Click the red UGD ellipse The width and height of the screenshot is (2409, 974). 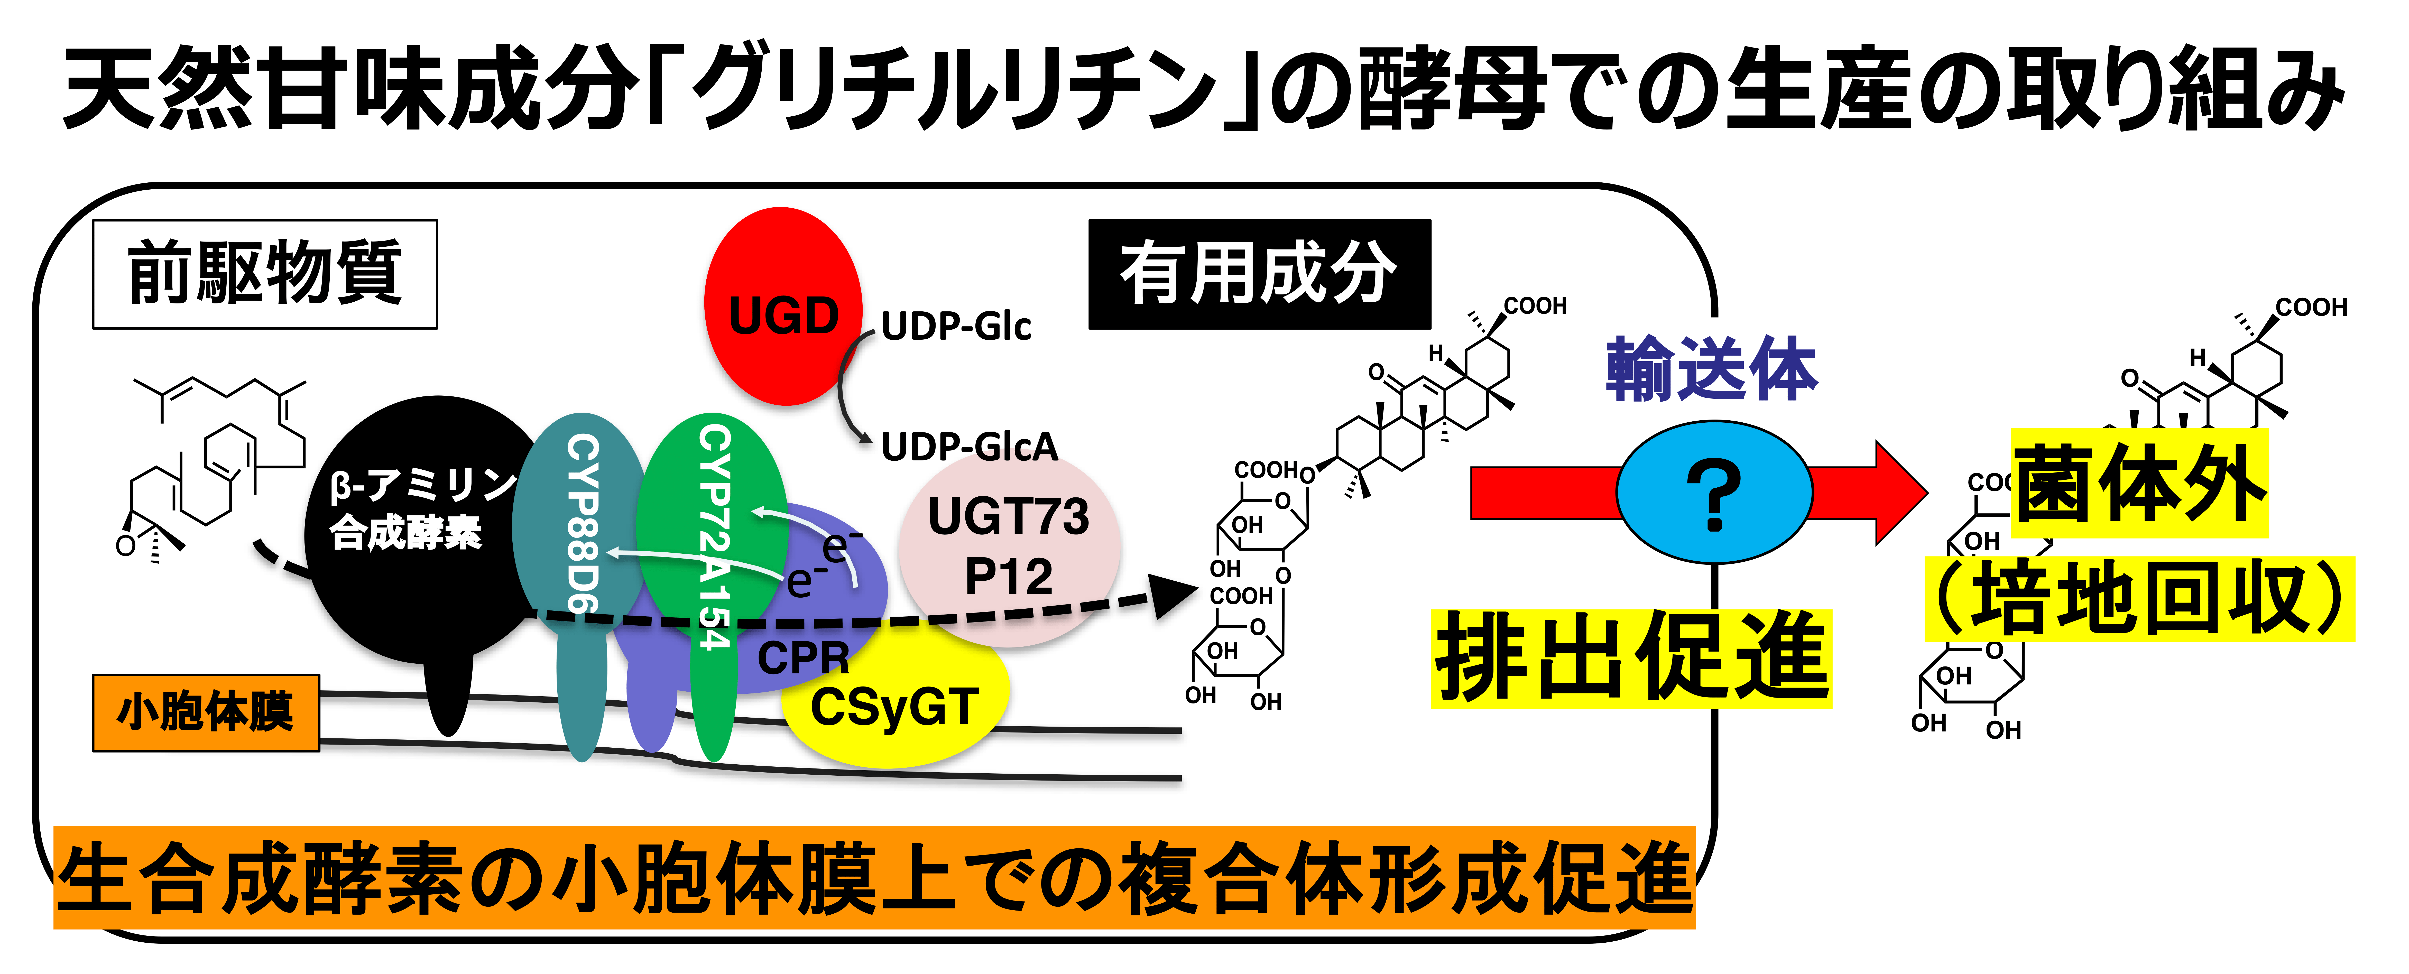(782, 307)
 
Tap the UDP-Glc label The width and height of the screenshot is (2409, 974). (956, 326)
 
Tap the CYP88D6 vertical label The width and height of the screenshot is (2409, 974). (582, 523)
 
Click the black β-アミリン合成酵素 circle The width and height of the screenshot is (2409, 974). (421, 523)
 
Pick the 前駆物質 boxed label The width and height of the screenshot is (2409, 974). (265, 274)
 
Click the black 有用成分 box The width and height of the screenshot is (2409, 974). (1259, 274)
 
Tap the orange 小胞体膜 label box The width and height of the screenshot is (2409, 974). (206, 712)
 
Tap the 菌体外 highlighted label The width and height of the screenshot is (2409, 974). (2139, 483)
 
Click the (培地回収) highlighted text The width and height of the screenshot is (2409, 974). (2139, 599)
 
